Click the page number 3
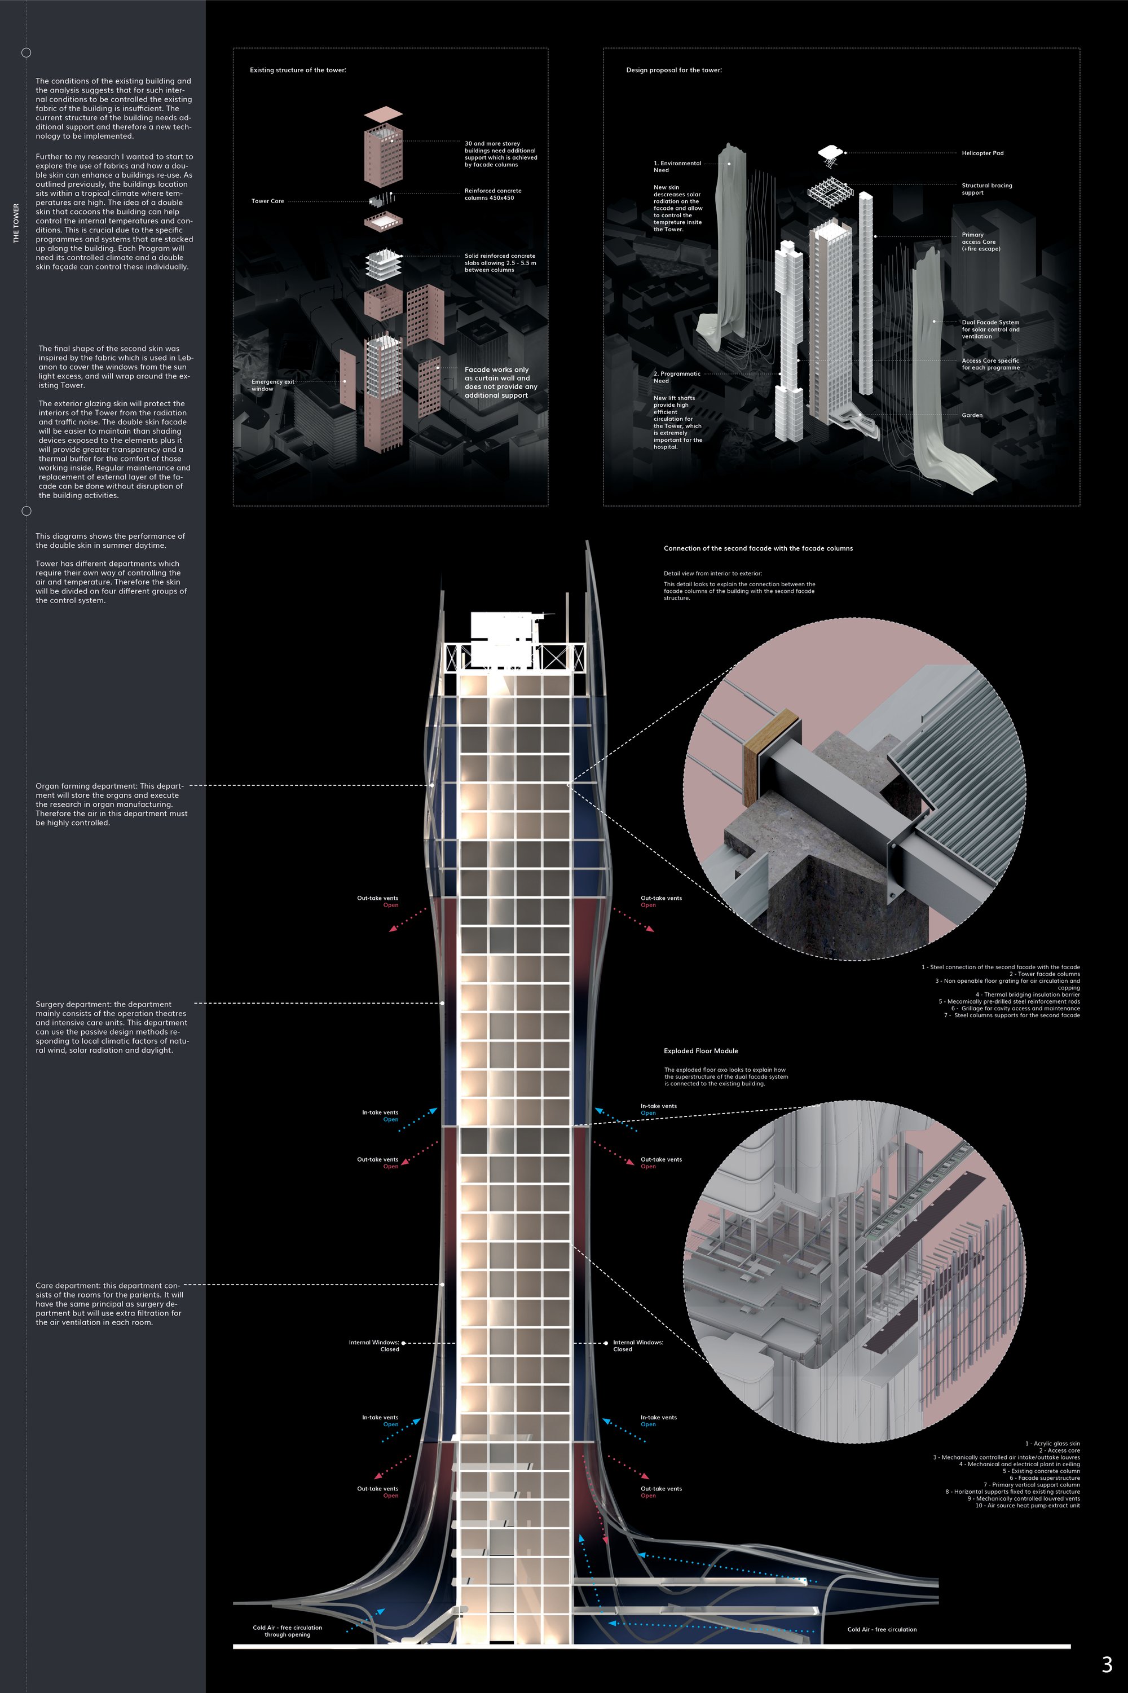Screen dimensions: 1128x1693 (1107, 1664)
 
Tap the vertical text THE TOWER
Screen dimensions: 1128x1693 (16, 223)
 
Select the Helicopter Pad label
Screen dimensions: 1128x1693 (982, 153)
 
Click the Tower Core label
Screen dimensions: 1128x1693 (267, 201)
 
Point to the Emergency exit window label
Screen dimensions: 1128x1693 (272, 385)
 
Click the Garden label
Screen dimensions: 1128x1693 (972, 415)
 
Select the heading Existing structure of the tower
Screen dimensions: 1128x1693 (298, 70)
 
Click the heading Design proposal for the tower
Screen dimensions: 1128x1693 (674, 70)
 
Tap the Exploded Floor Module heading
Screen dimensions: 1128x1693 (700, 1051)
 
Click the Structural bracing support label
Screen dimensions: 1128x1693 (986, 188)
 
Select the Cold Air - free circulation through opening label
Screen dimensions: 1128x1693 (287, 1631)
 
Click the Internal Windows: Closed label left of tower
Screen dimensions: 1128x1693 (373, 1345)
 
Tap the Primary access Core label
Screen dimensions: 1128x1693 (981, 242)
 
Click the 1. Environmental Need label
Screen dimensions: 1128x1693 (677, 167)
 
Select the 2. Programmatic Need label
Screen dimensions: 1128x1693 (676, 377)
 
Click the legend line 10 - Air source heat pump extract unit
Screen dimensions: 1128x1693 (1027, 1505)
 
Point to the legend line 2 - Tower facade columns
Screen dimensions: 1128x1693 (1044, 974)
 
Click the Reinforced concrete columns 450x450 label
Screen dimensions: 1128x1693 (493, 194)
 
